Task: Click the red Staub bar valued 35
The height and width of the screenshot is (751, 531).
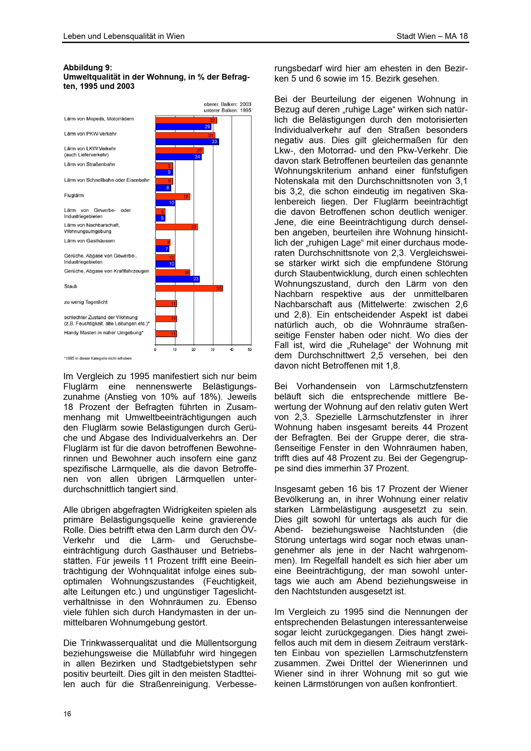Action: pyautogui.click(x=189, y=288)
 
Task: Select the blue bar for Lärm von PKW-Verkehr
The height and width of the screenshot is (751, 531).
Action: pyautogui.click(x=187, y=142)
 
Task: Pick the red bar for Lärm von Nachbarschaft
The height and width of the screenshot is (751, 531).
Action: pyautogui.click(x=176, y=227)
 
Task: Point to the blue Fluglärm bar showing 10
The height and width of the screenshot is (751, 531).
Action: pyautogui.click(x=165, y=203)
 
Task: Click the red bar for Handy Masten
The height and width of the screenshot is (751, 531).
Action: pyautogui.click(x=166, y=334)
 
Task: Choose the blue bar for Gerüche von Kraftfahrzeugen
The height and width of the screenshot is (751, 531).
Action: pyautogui.click(x=177, y=279)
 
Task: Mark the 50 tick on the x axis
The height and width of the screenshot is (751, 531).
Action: pyautogui.click(x=250, y=350)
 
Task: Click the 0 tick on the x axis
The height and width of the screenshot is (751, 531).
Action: pyautogui.click(x=155, y=350)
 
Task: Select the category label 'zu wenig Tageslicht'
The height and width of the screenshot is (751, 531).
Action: pyautogui.click(x=86, y=302)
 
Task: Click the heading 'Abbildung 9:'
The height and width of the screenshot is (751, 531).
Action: pyautogui.click(x=87, y=68)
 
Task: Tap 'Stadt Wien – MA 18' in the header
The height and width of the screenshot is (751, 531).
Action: pyautogui.click(x=432, y=36)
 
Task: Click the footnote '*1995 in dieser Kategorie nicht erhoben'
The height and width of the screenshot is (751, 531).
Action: pyautogui.click(x=97, y=359)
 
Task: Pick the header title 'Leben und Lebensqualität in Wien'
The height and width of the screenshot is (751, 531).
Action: pyautogui.click(x=124, y=36)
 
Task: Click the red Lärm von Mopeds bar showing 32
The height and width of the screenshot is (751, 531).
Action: pyautogui.click(x=186, y=120)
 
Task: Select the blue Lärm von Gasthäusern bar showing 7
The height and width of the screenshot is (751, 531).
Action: pyautogui.click(x=162, y=249)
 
